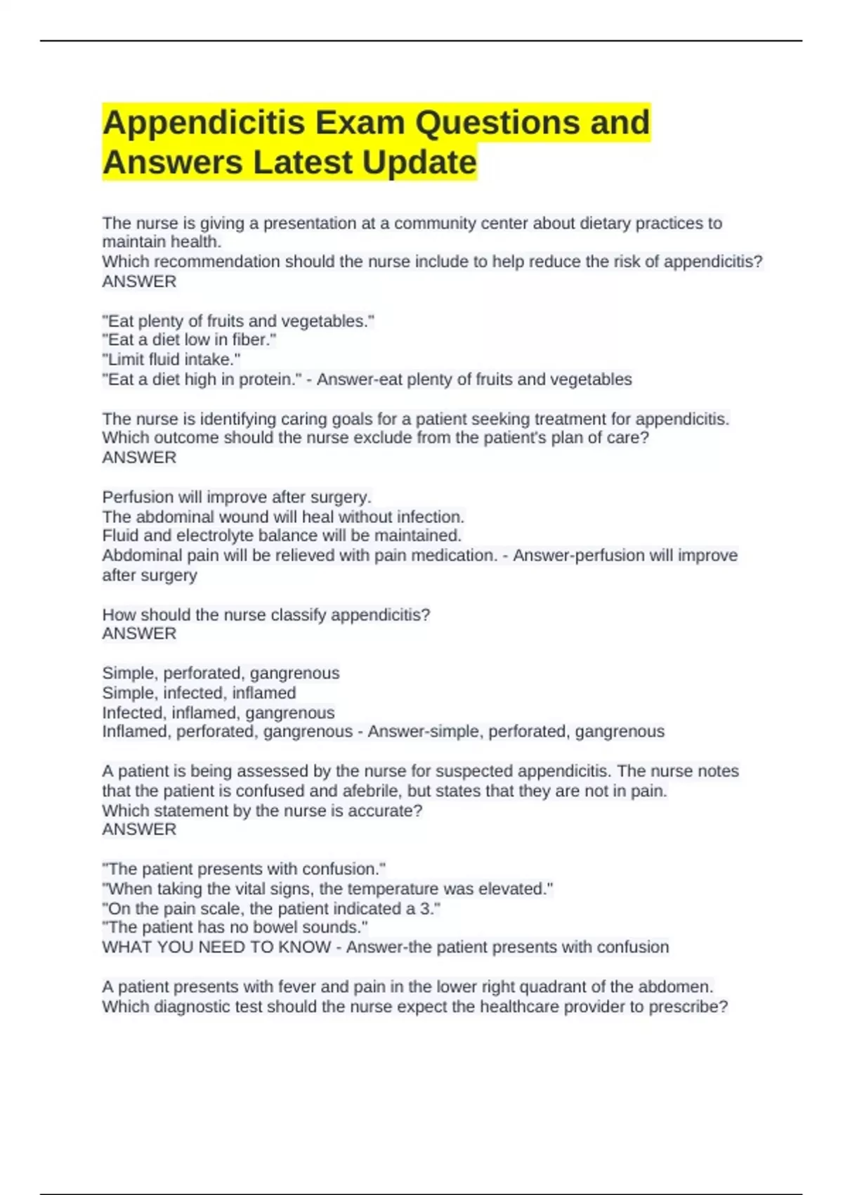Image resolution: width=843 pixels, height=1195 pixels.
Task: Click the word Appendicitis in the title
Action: point(204,123)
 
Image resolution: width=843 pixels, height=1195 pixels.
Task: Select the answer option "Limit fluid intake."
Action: point(171,360)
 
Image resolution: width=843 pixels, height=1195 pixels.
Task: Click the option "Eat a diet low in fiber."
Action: point(190,340)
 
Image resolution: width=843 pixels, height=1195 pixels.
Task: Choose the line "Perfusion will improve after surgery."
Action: point(237,497)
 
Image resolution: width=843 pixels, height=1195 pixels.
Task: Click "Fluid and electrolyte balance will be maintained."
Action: point(282,536)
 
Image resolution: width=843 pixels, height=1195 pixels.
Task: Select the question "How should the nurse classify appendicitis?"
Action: point(266,614)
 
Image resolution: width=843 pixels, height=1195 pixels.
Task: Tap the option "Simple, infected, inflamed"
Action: point(199,693)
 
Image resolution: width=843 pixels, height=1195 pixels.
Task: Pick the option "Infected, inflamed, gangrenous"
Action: point(218,713)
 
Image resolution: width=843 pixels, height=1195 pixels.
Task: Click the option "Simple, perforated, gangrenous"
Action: point(221,673)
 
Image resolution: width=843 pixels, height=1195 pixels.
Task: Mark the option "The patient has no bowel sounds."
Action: point(235,927)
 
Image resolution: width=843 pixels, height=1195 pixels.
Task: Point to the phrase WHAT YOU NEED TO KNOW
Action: point(216,947)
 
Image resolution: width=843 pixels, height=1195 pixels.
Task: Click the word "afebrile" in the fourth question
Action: point(372,791)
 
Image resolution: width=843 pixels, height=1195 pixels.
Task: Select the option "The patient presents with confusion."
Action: point(244,869)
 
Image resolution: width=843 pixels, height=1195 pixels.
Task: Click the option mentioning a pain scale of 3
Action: point(272,908)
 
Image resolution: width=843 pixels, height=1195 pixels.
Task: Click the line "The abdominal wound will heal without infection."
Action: point(283,517)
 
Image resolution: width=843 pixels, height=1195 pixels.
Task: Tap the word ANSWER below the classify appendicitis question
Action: point(139,633)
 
